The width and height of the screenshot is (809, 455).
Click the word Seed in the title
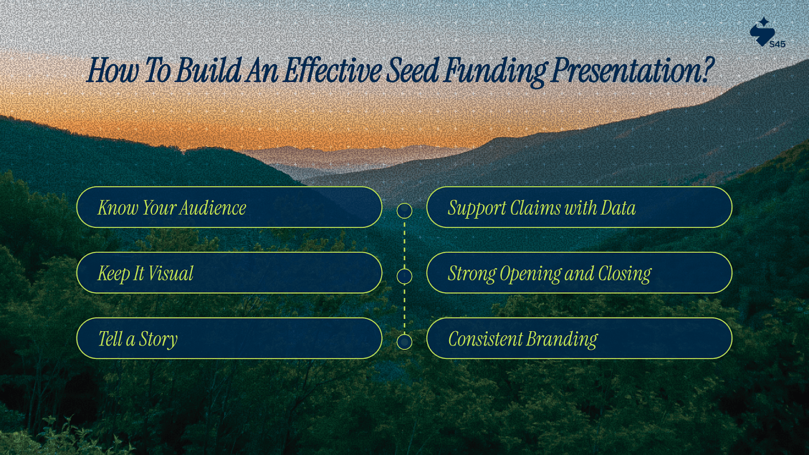[412, 70]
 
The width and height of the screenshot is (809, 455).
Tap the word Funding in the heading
[496, 71]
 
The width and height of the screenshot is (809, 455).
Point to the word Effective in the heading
[333, 70]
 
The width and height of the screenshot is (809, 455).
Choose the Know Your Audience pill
[230, 207]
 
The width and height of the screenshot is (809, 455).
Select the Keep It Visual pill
[230, 272]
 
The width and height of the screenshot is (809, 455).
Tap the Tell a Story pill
[230, 338]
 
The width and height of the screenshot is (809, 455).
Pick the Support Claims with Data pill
[579, 207]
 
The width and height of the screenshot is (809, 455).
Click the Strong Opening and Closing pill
[579, 272]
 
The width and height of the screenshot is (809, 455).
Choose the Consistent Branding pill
[579, 338]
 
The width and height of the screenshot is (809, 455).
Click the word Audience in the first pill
[213, 208]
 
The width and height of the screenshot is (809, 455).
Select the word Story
[158, 340]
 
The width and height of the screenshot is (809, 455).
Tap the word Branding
[562, 340]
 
